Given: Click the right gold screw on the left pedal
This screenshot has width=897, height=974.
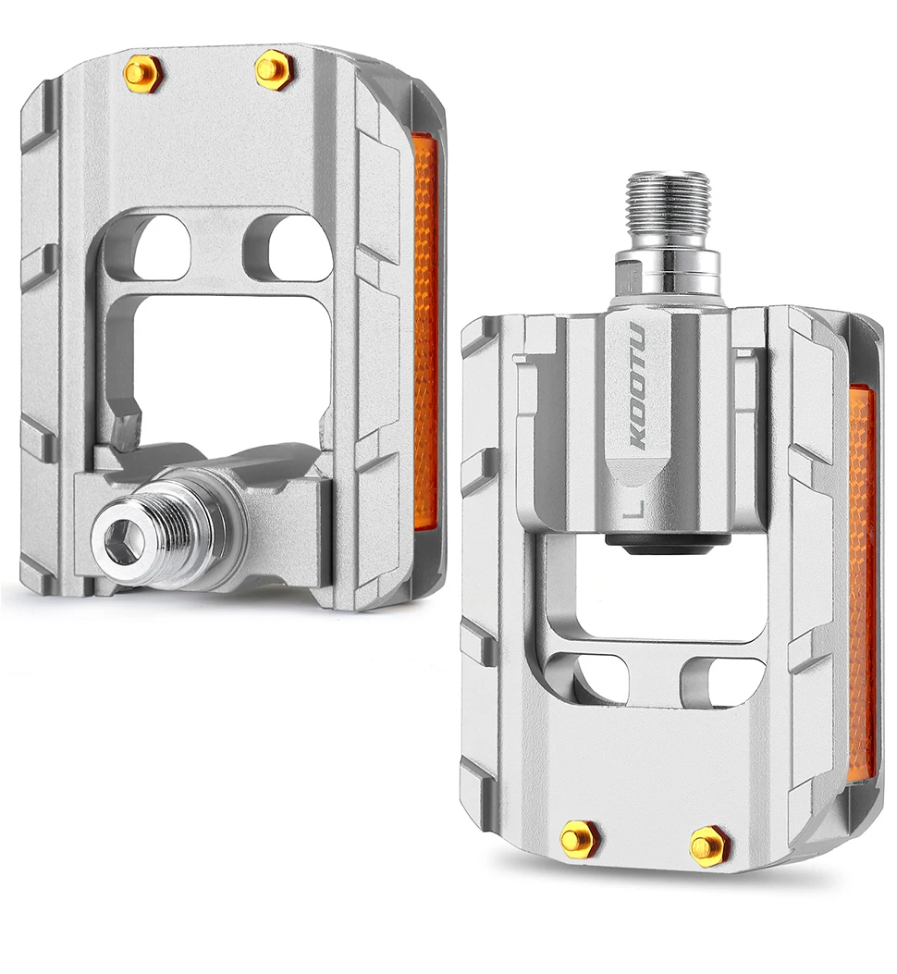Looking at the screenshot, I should point(274,68).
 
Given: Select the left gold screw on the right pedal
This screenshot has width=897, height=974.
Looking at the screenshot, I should point(579,838).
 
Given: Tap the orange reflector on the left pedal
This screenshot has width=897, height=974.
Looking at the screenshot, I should point(424,333).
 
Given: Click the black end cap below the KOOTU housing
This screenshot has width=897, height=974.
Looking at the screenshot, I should point(660,545).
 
